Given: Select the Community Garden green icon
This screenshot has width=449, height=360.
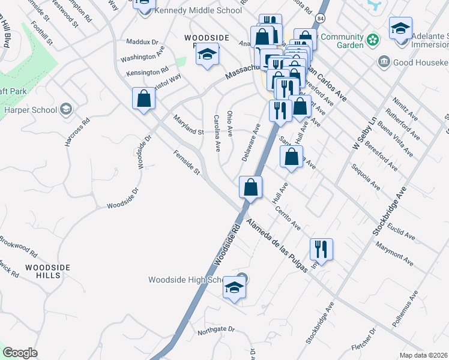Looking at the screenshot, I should (373, 40).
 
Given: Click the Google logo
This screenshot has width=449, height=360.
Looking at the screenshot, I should (20, 353).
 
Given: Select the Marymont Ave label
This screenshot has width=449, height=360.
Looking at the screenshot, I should (394, 254).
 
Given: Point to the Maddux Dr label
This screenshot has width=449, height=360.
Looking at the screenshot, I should (142, 43).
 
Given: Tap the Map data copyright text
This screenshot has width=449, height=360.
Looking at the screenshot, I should (424, 355).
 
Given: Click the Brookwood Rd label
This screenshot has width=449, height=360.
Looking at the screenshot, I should (18, 246).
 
